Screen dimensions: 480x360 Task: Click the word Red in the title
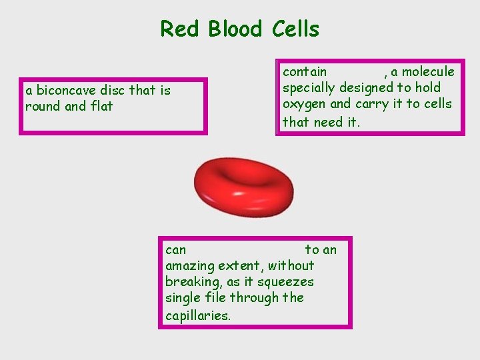click(x=180, y=29)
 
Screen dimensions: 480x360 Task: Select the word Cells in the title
click(x=295, y=29)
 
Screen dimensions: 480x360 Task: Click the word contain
click(x=305, y=71)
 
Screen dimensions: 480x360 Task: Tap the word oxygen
click(x=304, y=104)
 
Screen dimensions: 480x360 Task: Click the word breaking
click(x=190, y=282)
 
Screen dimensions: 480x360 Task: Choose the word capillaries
click(x=198, y=315)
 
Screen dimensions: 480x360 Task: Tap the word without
click(x=291, y=266)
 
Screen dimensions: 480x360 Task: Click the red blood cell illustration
click(x=243, y=187)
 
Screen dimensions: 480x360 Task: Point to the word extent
click(x=239, y=266)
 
